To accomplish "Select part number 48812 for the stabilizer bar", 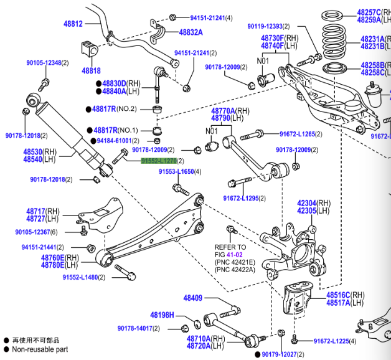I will [72, 24].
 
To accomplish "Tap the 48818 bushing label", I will [91, 71].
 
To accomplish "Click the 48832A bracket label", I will [191, 32].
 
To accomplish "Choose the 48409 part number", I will [193, 298].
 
